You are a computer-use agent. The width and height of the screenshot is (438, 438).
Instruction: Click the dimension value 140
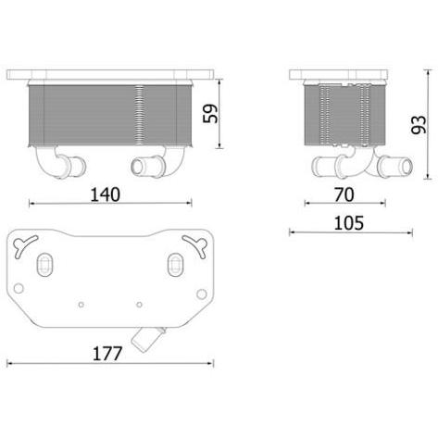[106, 194]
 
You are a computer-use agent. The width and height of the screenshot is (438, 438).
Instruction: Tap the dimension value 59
[210, 114]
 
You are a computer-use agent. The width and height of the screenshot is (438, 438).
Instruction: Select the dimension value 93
[419, 125]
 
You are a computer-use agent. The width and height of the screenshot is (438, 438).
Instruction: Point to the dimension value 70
[344, 194]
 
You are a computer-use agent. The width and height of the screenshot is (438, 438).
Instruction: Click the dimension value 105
[349, 223]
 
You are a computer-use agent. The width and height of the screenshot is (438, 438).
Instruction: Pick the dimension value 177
[107, 354]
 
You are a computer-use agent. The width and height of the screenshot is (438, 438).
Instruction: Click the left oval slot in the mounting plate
[45, 265]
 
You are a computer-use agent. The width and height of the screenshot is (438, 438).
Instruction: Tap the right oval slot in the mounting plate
[175, 265]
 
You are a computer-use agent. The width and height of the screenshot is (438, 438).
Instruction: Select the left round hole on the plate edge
[19, 288]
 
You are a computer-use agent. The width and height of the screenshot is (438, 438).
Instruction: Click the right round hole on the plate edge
[202, 294]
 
